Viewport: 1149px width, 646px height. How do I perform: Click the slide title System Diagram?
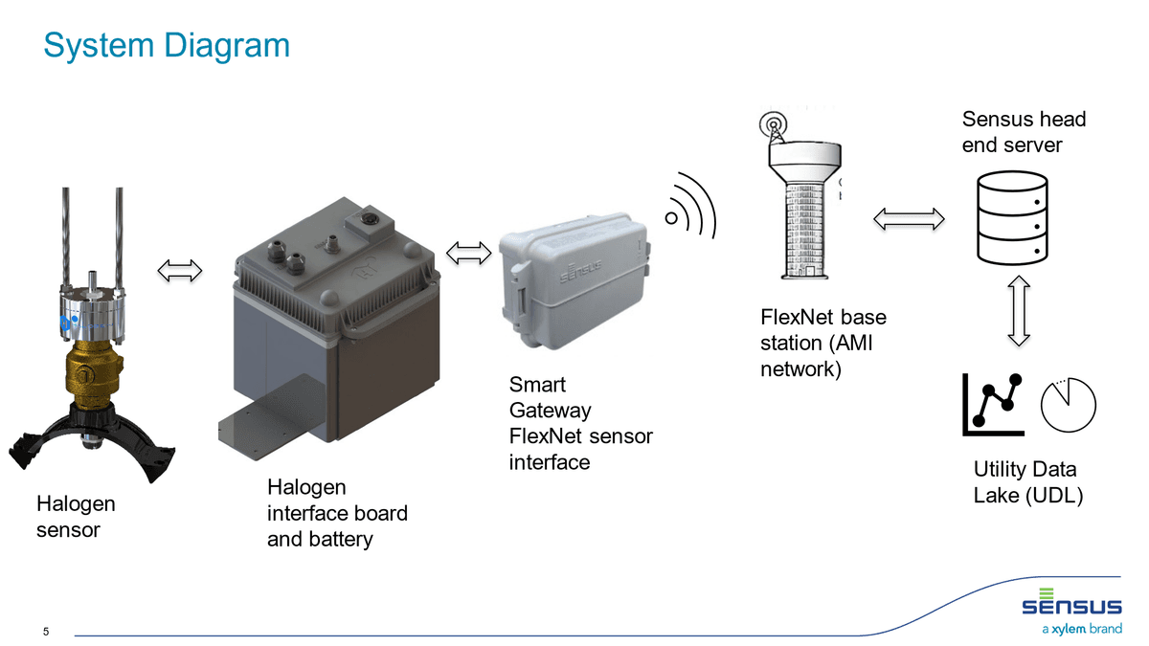167,45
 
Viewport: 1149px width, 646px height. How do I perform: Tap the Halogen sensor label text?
76,516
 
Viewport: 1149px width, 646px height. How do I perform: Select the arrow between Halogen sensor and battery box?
180,271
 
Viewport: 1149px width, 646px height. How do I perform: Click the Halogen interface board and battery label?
337,513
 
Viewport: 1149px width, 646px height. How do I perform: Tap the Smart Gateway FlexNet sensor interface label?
580,423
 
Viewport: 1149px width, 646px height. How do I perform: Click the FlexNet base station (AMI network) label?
817,343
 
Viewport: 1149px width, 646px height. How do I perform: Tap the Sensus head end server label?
1024,131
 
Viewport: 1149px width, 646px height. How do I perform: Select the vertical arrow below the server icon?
1018,312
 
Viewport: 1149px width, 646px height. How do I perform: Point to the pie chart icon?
1068,406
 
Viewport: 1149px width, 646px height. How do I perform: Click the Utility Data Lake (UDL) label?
1027,482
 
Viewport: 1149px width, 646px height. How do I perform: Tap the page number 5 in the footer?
47,632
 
